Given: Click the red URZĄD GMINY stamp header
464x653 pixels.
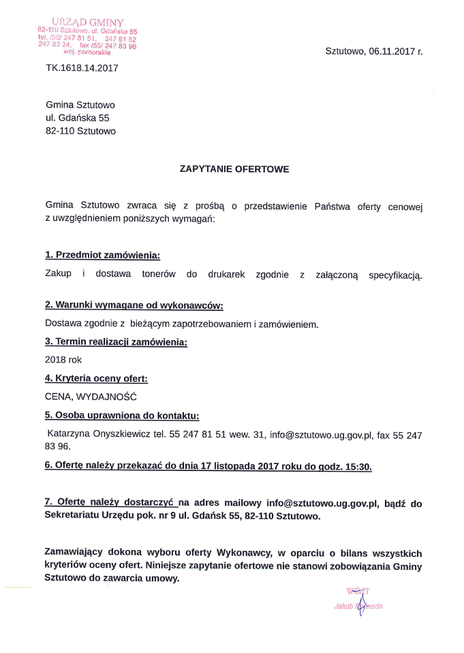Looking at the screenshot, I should [x=87, y=23].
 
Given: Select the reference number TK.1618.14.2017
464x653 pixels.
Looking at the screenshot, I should [x=82, y=67].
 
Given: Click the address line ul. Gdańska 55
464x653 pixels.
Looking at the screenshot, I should [x=77, y=118].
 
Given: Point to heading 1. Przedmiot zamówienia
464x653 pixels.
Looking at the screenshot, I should [x=103, y=255].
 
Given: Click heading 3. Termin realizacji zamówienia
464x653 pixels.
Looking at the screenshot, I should [x=116, y=341].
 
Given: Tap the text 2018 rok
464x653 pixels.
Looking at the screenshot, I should [x=63, y=359].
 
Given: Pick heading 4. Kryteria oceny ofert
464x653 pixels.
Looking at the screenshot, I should [x=96, y=378].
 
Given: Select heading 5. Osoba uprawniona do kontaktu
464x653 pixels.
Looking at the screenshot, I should [x=122, y=415].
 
